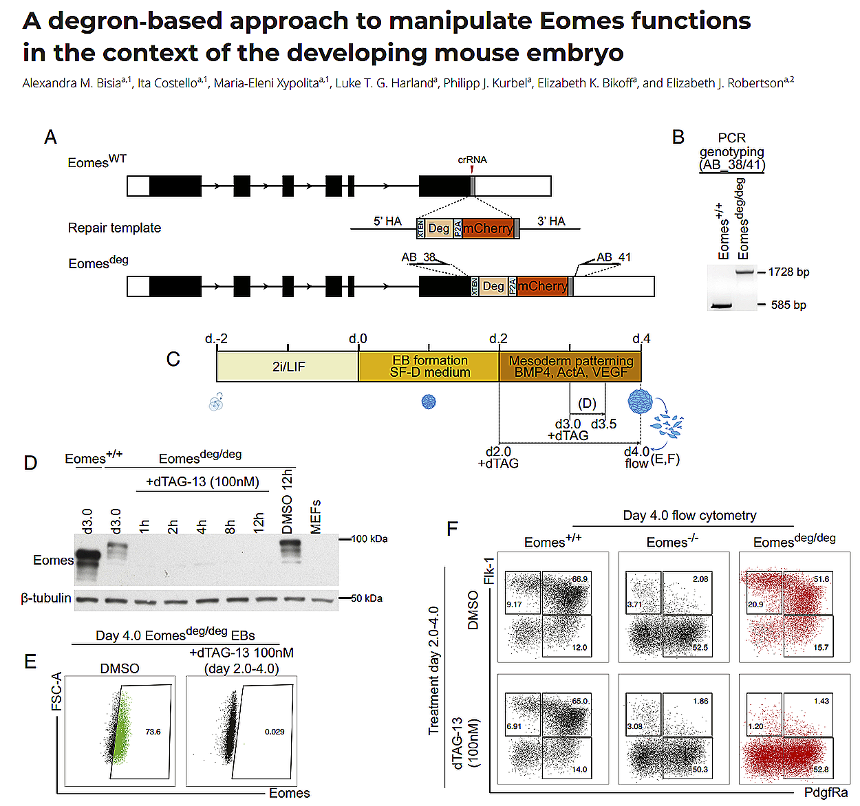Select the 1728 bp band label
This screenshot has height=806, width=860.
point(788,272)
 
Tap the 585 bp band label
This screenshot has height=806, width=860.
point(788,305)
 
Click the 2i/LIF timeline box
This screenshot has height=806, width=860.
point(288,367)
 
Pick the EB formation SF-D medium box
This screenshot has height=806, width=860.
point(429,367)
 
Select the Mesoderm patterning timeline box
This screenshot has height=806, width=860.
point(570,367)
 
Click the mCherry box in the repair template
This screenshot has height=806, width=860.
point(488,228)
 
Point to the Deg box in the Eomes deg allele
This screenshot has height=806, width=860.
point(493,286)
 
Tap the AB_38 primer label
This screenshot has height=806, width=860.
point(418,257)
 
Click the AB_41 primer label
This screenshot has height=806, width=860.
point(613,257)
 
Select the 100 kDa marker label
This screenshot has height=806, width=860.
point(369,539)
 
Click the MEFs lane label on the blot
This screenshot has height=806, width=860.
point(316,516)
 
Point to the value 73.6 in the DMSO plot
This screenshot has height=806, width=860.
point(153,732)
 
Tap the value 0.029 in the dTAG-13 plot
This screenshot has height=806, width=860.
point(275,732)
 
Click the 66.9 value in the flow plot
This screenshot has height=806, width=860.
point(580,579)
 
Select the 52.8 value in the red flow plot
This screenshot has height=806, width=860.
point(821,770)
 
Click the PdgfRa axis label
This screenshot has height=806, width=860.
point(826,793)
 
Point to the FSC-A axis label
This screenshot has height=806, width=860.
point(56,691)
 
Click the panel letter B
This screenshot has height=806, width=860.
point(678,138)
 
